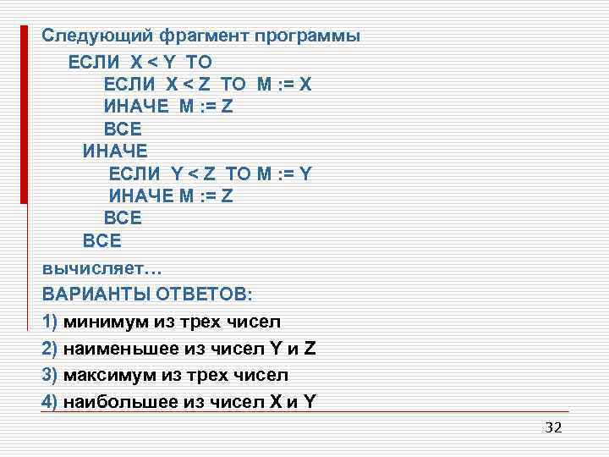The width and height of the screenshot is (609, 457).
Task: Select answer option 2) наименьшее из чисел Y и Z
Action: coord(178,348)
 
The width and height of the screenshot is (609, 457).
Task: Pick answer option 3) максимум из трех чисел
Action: coord(165,375)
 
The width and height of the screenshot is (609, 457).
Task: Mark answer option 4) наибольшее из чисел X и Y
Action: coord(178,402)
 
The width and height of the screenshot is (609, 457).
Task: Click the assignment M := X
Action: coord(285,85)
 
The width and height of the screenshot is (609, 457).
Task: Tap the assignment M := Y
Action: coord(284,173)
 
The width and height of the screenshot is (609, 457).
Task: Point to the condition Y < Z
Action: coord(193,173)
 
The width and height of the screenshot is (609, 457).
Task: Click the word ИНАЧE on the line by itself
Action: coord(114,151)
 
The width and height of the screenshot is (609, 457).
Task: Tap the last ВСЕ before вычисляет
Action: coord(101,241)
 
